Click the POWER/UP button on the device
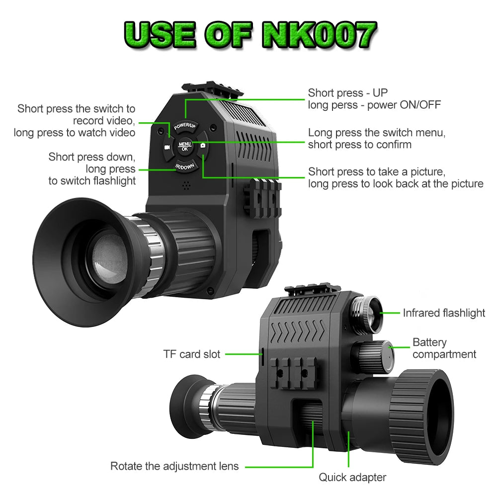pos(185,126)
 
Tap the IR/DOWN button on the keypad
pos(185,166)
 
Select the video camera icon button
pos(167,148)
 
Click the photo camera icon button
pos(203,146)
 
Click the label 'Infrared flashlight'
pos(444,313)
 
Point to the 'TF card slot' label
pos(191,354)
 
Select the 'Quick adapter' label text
pos(352,477)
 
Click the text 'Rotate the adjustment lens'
pos(174,466)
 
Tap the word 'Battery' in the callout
pos(429,342)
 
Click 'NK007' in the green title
pos(319,34)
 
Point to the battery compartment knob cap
pos(387,356)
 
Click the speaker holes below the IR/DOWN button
pos(186,186)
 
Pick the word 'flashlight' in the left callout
pos(114,181)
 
